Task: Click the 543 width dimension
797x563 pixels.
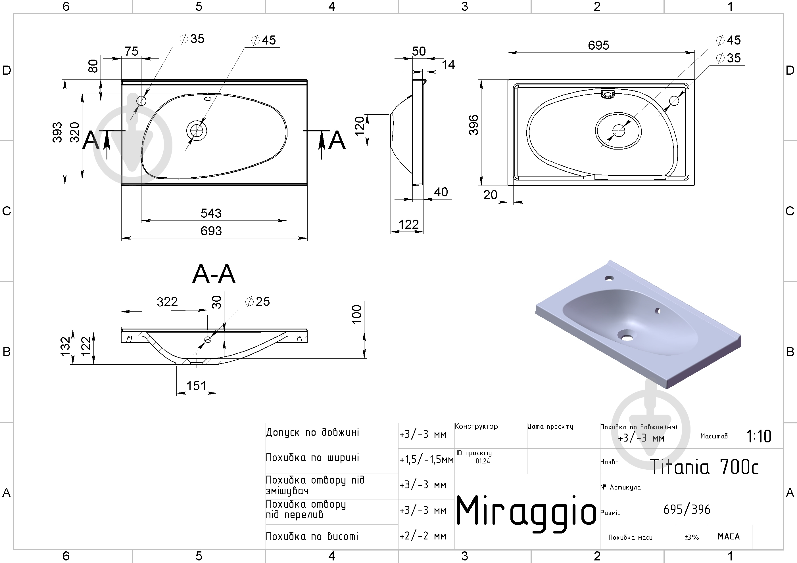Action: [x=211, y=213]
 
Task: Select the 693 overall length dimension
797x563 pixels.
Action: [x=211, y=231]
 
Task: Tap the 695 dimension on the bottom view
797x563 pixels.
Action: [x=598, y=45]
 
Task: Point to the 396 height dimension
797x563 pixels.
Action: [x=474, y=125]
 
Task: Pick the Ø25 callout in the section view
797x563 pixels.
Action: [x=257, y=301]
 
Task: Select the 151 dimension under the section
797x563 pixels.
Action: [x=196, y=385]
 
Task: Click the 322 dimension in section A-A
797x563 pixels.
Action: [x=167, y=302]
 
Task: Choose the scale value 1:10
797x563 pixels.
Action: [x=759, y=436]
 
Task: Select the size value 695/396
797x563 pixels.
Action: [x=687, y=509]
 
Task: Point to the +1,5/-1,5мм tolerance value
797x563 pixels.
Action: [x=426, y=460]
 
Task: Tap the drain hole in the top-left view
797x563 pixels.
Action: [x=197, y=131]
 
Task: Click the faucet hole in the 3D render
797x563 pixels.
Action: [x=609, y=278]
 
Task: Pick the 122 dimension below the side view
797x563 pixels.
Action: [x=408, y=224]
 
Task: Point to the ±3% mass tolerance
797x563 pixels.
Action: [x=691, y=537]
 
